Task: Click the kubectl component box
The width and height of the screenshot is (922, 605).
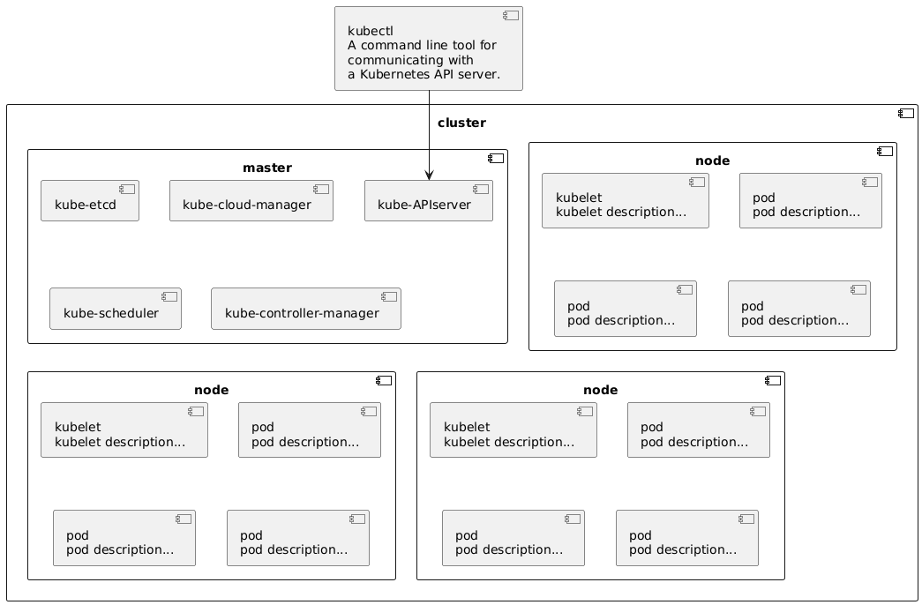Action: (x=429, y=49)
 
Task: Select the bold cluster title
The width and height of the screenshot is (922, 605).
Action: (x=461, y=123)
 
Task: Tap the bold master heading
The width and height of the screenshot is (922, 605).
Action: (x=267, y=168)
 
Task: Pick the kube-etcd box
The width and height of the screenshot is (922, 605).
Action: (x=90, y=200)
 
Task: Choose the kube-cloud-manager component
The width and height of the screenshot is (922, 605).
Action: (x=251, y=200)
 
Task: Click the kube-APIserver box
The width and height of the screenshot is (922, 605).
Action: (x=429, y=200)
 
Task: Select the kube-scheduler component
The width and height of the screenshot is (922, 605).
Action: (x=116, y=309)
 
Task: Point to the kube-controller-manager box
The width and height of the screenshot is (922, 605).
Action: (x=306, y=309)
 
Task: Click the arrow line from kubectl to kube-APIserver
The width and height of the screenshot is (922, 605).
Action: (x=430, y=135)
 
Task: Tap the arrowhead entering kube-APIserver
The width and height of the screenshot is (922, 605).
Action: (x=430, y=176)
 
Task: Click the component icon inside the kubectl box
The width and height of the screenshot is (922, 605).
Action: (x=510, y=16)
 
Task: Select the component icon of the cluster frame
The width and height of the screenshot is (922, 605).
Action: (x=905, y=114)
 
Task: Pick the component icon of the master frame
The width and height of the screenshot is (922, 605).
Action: (x=496, y=158)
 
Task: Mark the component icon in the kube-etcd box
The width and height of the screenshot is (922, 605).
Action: (x=127, y=190)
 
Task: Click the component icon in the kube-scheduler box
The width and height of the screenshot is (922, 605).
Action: (x=169, y=297)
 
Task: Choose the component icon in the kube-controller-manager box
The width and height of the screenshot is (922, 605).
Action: (x=389, y=297)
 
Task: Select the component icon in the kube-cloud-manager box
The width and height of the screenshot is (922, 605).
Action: (x=321, y=190)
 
